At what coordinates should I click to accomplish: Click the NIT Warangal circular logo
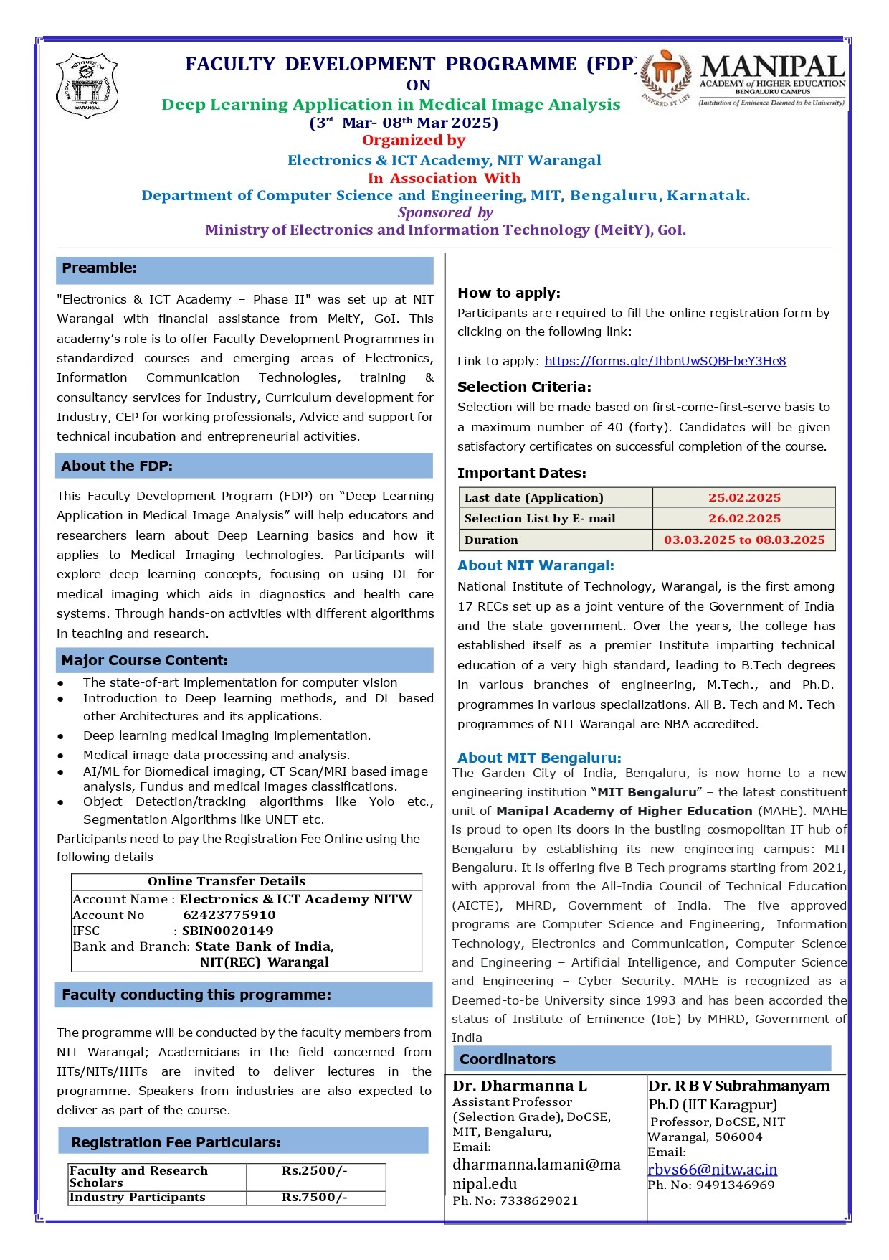coord(87,85)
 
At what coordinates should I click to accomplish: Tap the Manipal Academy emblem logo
coord(666,77)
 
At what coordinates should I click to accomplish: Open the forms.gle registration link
coord(665,361)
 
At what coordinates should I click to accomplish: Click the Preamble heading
coord(99,268)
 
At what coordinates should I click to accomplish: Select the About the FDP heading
coord(117,466)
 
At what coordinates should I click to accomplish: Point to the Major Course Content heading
coord(144,660)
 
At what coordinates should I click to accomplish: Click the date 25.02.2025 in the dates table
coord(744,497)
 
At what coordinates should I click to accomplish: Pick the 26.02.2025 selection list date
coord(744,518)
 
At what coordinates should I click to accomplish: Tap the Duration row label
coord(491,540)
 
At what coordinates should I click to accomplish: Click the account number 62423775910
coord(229,915)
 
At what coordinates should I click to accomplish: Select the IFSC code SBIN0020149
coord(228,931)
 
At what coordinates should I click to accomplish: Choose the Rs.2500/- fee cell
coord(315,1171)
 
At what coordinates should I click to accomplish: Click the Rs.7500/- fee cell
coord(315,1197)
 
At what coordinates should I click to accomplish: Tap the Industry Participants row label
coord(138,1197)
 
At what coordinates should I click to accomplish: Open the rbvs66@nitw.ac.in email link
coord(712,1170)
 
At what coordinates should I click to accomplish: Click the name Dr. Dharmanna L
coord(520,1086)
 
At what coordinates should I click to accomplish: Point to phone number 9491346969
coord(735,1185)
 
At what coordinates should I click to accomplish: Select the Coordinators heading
coord(508,1059)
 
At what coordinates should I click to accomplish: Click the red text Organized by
coord(414,140)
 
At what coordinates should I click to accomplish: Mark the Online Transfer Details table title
coord(227,881)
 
